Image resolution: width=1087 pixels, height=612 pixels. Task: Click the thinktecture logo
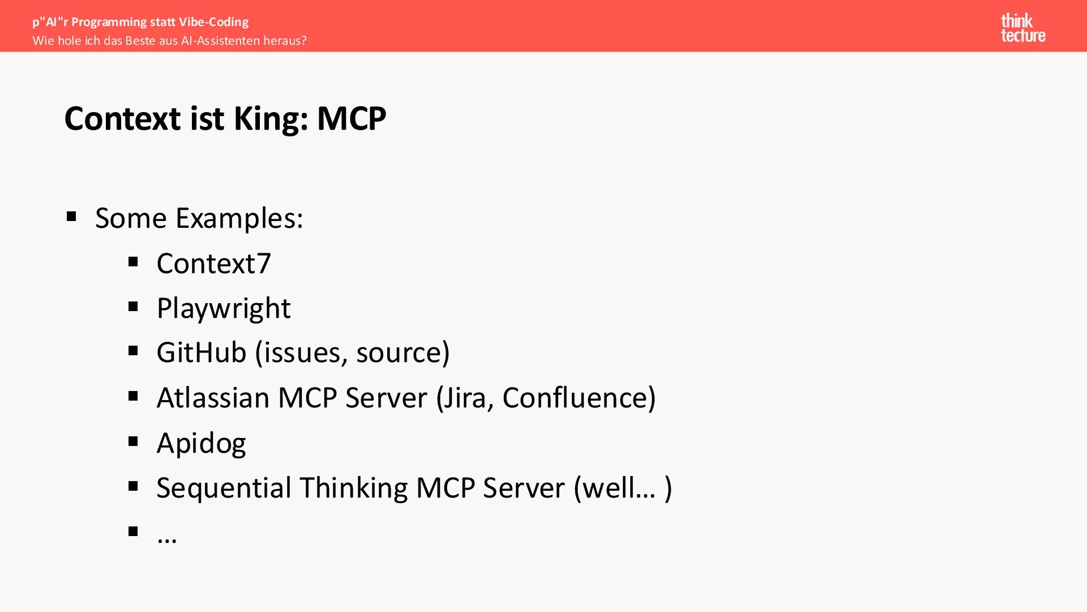1022,28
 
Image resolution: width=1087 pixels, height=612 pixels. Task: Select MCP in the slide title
351,119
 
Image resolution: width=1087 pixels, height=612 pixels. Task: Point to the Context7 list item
213,263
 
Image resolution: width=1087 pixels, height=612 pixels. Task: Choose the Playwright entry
223,309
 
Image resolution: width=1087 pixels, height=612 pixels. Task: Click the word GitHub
201,352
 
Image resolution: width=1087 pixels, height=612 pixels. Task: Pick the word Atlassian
213,398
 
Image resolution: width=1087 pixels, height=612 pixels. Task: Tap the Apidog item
201,443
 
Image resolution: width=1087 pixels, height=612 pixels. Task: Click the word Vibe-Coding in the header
213,22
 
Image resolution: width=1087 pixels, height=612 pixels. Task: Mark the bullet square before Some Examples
71,216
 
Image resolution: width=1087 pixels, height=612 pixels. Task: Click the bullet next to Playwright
133,307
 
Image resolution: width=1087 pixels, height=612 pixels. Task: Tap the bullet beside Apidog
133,441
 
